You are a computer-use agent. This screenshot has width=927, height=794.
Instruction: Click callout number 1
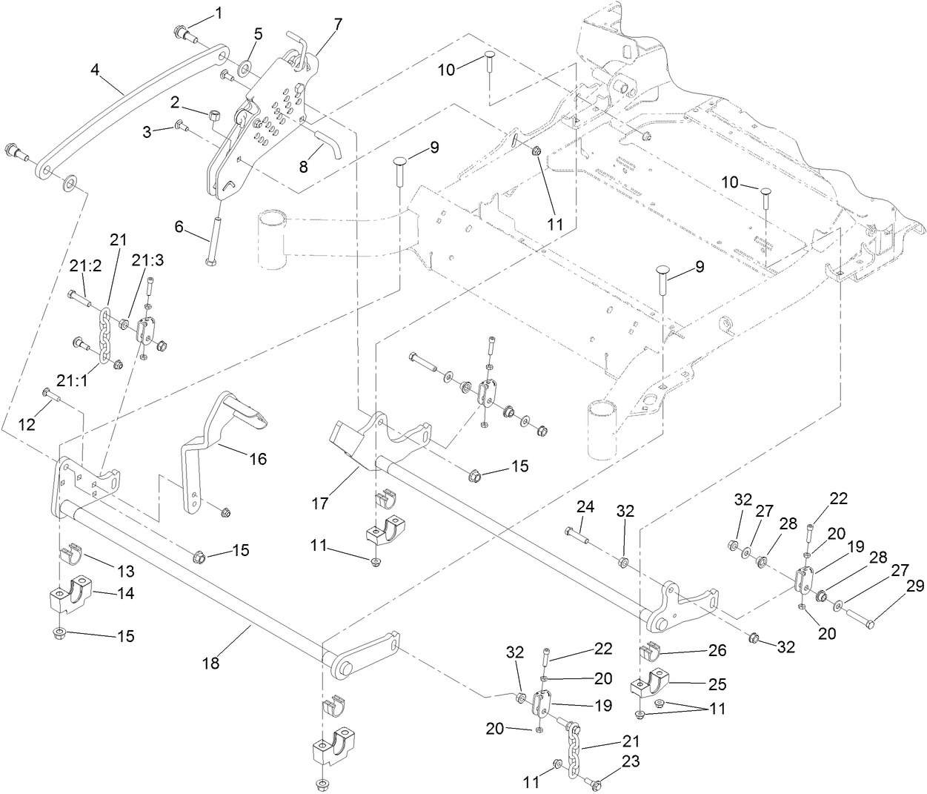point(218,13)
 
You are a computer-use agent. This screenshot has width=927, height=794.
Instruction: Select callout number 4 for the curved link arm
point(95,70)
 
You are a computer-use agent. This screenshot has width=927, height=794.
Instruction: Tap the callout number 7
point(338,23)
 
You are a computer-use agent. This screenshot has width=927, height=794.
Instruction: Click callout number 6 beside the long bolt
point(179,227)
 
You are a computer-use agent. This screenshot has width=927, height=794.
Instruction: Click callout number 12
point(27,425)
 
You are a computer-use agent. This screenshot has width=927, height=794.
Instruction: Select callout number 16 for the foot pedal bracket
point(257,459)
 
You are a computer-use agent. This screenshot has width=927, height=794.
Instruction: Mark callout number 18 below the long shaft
point(211,664)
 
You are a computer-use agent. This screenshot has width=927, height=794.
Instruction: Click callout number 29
point(917,586)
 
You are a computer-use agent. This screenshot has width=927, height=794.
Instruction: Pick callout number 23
point(630,761)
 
